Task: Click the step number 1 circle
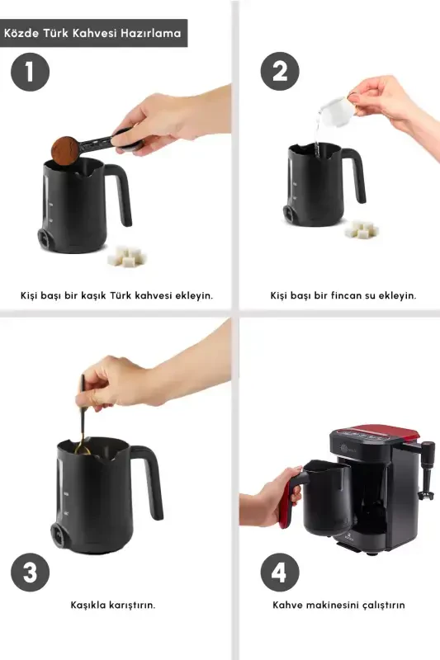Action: [30, 72]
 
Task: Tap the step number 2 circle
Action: [280, 72]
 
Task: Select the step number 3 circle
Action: [30, 573]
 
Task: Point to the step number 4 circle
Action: [280, 573]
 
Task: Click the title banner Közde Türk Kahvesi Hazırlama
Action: [92, 34]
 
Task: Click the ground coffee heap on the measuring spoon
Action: [64, 150]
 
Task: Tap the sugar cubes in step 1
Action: [128, 257]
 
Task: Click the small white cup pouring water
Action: [334, 107]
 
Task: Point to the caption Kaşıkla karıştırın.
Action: [112, 605]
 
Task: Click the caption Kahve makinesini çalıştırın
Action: [338, 605]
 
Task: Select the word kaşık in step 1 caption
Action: [100, 295]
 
